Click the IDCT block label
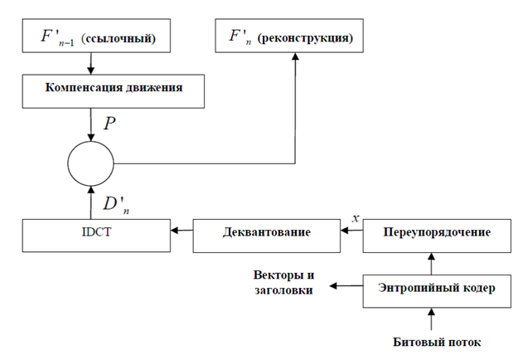[96, 231]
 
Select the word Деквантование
[267, 231]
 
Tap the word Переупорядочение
[437, 232]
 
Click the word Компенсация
[84, 87]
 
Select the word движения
[154, 87]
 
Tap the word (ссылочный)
[119, 39]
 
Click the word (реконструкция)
[305, 38]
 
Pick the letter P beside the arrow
[109, 124]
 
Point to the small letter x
[356, 218]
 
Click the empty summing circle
[68, 163]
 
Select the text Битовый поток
[437, 342]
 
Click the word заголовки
[283, 289]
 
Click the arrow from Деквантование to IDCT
[182, 231]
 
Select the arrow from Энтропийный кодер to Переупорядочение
[431, 264]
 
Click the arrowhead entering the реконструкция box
[295, 56]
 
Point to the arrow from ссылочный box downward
[90, 63]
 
